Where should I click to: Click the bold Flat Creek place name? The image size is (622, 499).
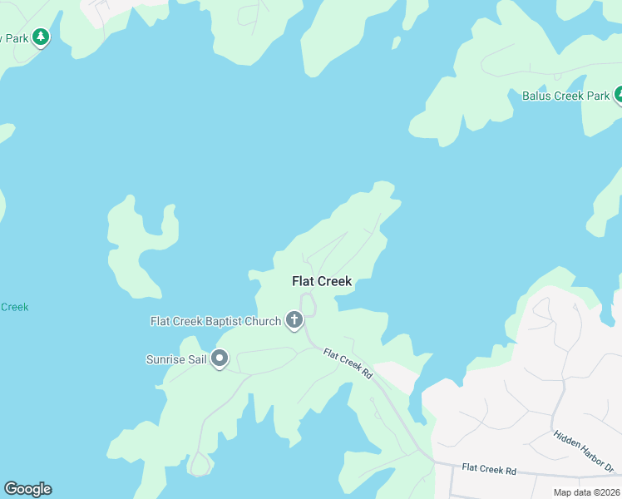pyautogui.click(x=322, y=281)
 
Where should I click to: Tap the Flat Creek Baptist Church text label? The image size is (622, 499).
pyautogui.click(x=215, y=321)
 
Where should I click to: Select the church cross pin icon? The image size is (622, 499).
pyautogui.click(x=294, y=319)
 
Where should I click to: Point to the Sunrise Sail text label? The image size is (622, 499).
pyautogui.click(x=175, y=359)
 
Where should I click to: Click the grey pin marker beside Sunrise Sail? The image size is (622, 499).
pyautogui.click(x=220, y=358)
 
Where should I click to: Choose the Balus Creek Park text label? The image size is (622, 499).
pyautogui.click(x=565, y=96)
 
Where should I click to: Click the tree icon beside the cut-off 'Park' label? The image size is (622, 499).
pyautogui.click(x=40, y=37)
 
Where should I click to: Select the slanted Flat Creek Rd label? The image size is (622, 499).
pyautogui.click(x=348, y=363)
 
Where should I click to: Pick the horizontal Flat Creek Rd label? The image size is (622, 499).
pyautogui.click(x=489, y=471)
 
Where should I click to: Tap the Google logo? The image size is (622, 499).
pyautogui.click(x=27, y=489)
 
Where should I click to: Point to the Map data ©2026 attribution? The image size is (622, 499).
pyautogui.click(x=587, y=492)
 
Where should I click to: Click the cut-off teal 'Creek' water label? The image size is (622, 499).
pyautogui.click(x=14, y=307)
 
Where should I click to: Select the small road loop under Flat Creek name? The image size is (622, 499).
pyautogui.click(x=308, y=304)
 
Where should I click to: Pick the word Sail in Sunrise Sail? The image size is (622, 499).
pyautogui.click(x=195, y=359)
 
